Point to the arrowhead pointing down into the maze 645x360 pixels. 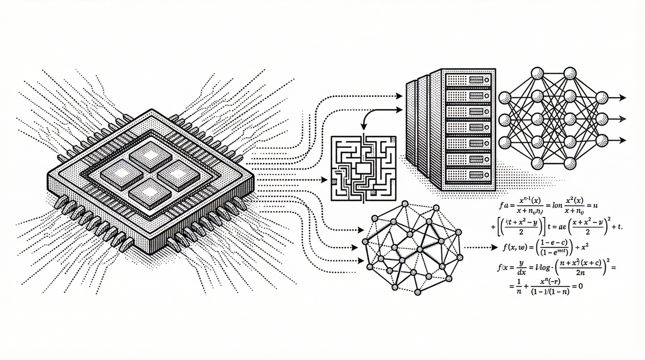363,127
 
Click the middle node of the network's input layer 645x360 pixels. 505,119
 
